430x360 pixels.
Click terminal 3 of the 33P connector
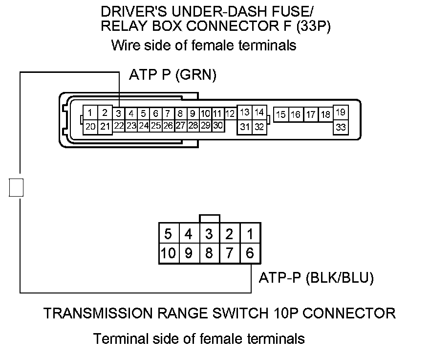click(x=119, y=113)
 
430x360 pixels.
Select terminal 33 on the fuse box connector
click(x=341, y=127)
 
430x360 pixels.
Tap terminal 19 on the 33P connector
click(x=341, y=112)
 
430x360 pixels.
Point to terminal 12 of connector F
click(x=231, y=114)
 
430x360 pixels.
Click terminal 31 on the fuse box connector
click(x=245, y=127)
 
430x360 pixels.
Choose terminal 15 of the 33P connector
click(x=281, y=115)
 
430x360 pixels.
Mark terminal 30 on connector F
click(x=218, y=126)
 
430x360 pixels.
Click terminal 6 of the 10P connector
click(x=250, y=253)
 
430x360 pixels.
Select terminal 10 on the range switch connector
click(x=168, y=253)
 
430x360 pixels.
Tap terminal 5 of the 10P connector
click(x=168, y=234)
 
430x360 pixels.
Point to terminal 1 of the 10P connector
click(x=250, y=234)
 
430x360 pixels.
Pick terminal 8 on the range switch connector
click(x=209, y=253)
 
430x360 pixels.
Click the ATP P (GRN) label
click(x=172, y=75)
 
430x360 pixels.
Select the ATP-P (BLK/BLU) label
click(x=316, y=278)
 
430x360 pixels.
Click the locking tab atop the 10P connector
click(x=210, y=219)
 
